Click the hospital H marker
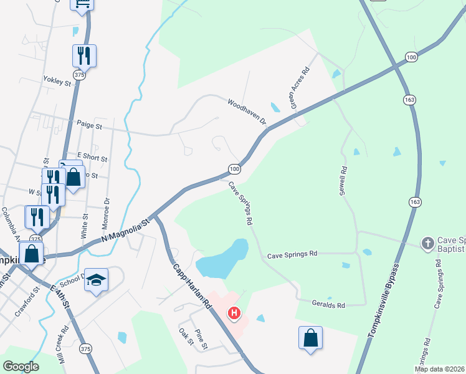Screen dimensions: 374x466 tap(234, 312)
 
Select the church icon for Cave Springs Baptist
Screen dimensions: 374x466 tap(427, 242)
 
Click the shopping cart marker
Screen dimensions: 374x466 tap(82, 4)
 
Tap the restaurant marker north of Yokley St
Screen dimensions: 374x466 tap(83, 55)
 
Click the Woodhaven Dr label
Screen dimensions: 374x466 tap(247, 111)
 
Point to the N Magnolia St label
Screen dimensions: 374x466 tap(126, 231)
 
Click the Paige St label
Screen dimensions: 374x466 tap(90, 126)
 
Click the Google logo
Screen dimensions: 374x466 tap(21, 367)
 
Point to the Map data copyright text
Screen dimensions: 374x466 tap(440, 368)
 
